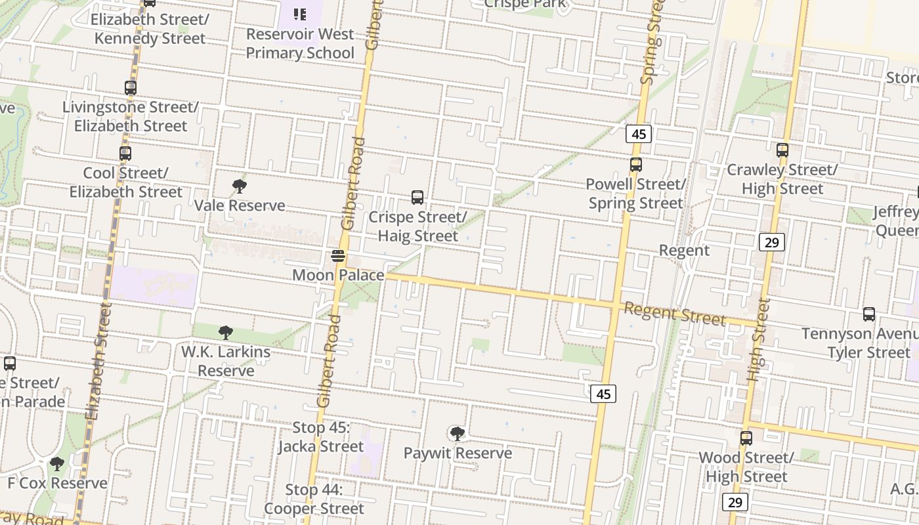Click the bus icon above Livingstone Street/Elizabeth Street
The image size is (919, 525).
coord(131,87)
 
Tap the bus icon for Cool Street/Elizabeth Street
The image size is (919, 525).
coord(125,154)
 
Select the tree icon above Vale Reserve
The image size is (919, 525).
coord(240,186)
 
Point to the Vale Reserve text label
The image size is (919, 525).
coord(240,205)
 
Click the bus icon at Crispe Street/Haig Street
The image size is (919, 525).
coord(417,197)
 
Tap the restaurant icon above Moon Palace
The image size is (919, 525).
coord(338,256)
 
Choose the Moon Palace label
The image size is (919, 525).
coord(338,275)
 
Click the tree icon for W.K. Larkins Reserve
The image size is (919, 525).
coord(226,333)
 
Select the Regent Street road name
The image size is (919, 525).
coord(674,314)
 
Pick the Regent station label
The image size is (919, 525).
coord(684,250)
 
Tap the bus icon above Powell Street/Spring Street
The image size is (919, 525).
coord(635,165)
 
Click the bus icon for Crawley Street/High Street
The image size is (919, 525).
coord(782,150)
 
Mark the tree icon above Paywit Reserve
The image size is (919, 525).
coord(458,434)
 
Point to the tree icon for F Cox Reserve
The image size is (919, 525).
coord(57,464)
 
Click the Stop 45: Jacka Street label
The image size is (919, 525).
coord(320,437)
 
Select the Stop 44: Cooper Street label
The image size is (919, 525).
coord(314,499)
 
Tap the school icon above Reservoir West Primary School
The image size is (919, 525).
coord(300,14)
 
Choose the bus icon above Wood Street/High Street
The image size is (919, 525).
coord(746,438)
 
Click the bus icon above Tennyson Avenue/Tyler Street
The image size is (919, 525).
coord(869,314)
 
